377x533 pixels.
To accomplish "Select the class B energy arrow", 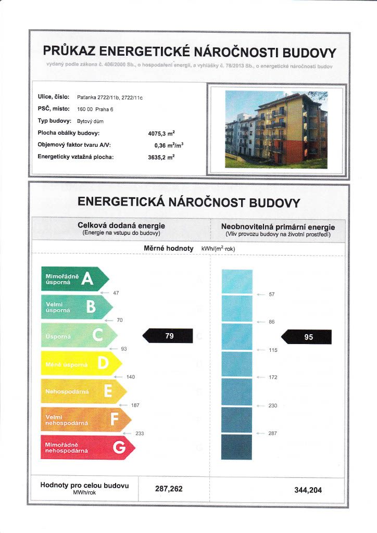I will pos(76,308).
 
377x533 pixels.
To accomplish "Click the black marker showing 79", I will pos(169,336).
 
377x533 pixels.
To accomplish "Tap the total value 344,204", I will pos(308,490).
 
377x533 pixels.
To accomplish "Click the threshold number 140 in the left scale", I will pos(131,376).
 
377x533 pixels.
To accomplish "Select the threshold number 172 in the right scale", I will pos(273,377).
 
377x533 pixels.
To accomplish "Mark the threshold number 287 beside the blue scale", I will pos(272,433).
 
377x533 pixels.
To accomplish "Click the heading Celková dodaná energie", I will pos(121,225).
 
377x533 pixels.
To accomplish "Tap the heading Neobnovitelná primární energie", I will pos(278,227).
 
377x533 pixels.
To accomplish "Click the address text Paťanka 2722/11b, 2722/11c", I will pos(109,97).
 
